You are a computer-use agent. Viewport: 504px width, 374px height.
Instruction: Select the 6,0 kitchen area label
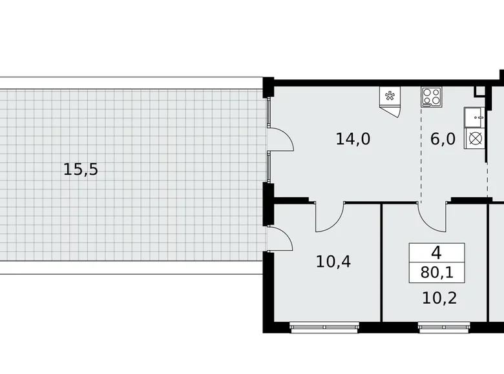[x=443, y=139]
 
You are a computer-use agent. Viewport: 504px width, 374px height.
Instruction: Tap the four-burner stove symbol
[x=432, y=97]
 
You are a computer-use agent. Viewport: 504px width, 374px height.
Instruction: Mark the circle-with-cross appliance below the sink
[x=475, y=139]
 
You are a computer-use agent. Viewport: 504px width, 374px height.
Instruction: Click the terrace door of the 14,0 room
[x=278, y=139]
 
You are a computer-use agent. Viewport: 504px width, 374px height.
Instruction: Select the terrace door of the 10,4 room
[x=279, y=239]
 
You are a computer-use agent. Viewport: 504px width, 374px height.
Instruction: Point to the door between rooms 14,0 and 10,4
[x=330, y=215]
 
